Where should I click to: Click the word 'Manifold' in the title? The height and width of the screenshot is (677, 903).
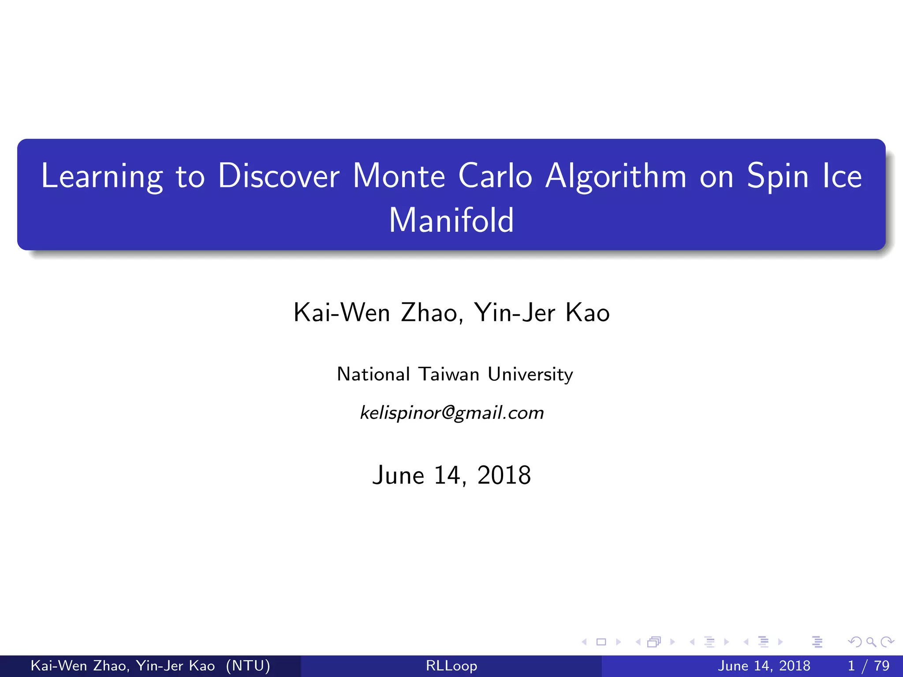(x=451, y=220)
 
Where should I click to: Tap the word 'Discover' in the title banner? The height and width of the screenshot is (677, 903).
(x=279, y=176)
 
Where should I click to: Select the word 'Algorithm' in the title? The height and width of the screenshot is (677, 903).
(x=616, y=176)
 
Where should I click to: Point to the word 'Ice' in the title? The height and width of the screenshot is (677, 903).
(x=842, y=176)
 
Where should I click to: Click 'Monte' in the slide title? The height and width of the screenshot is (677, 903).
(x=399, y=176)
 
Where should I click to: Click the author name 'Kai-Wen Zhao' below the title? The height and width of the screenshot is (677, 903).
(x=378, y=313)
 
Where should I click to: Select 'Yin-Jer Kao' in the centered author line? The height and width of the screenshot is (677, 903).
(x=542, y=313)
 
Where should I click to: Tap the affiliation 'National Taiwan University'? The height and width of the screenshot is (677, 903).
(x=455, y=374)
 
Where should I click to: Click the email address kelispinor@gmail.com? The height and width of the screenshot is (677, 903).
(x=451, y=413)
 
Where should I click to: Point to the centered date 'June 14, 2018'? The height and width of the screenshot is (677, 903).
(x=451, y=475)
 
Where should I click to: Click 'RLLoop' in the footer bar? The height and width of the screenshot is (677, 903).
(x=451, y=666)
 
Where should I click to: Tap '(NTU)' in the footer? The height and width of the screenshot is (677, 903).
(x=248, y=666)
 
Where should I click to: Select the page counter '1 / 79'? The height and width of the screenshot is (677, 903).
(x=868, y=666)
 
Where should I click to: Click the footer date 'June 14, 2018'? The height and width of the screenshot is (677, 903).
(x=764, y=666)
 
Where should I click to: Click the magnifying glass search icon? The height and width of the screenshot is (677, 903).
(x=871, y=642)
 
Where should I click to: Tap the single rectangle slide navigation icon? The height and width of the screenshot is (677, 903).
(x=601, y=642)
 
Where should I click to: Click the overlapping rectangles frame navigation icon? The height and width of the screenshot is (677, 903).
(x=654, y=642)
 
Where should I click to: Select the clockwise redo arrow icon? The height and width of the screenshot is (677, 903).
(x=887, y=642)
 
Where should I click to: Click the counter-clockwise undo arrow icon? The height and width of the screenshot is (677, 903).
(x=855, y=642)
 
